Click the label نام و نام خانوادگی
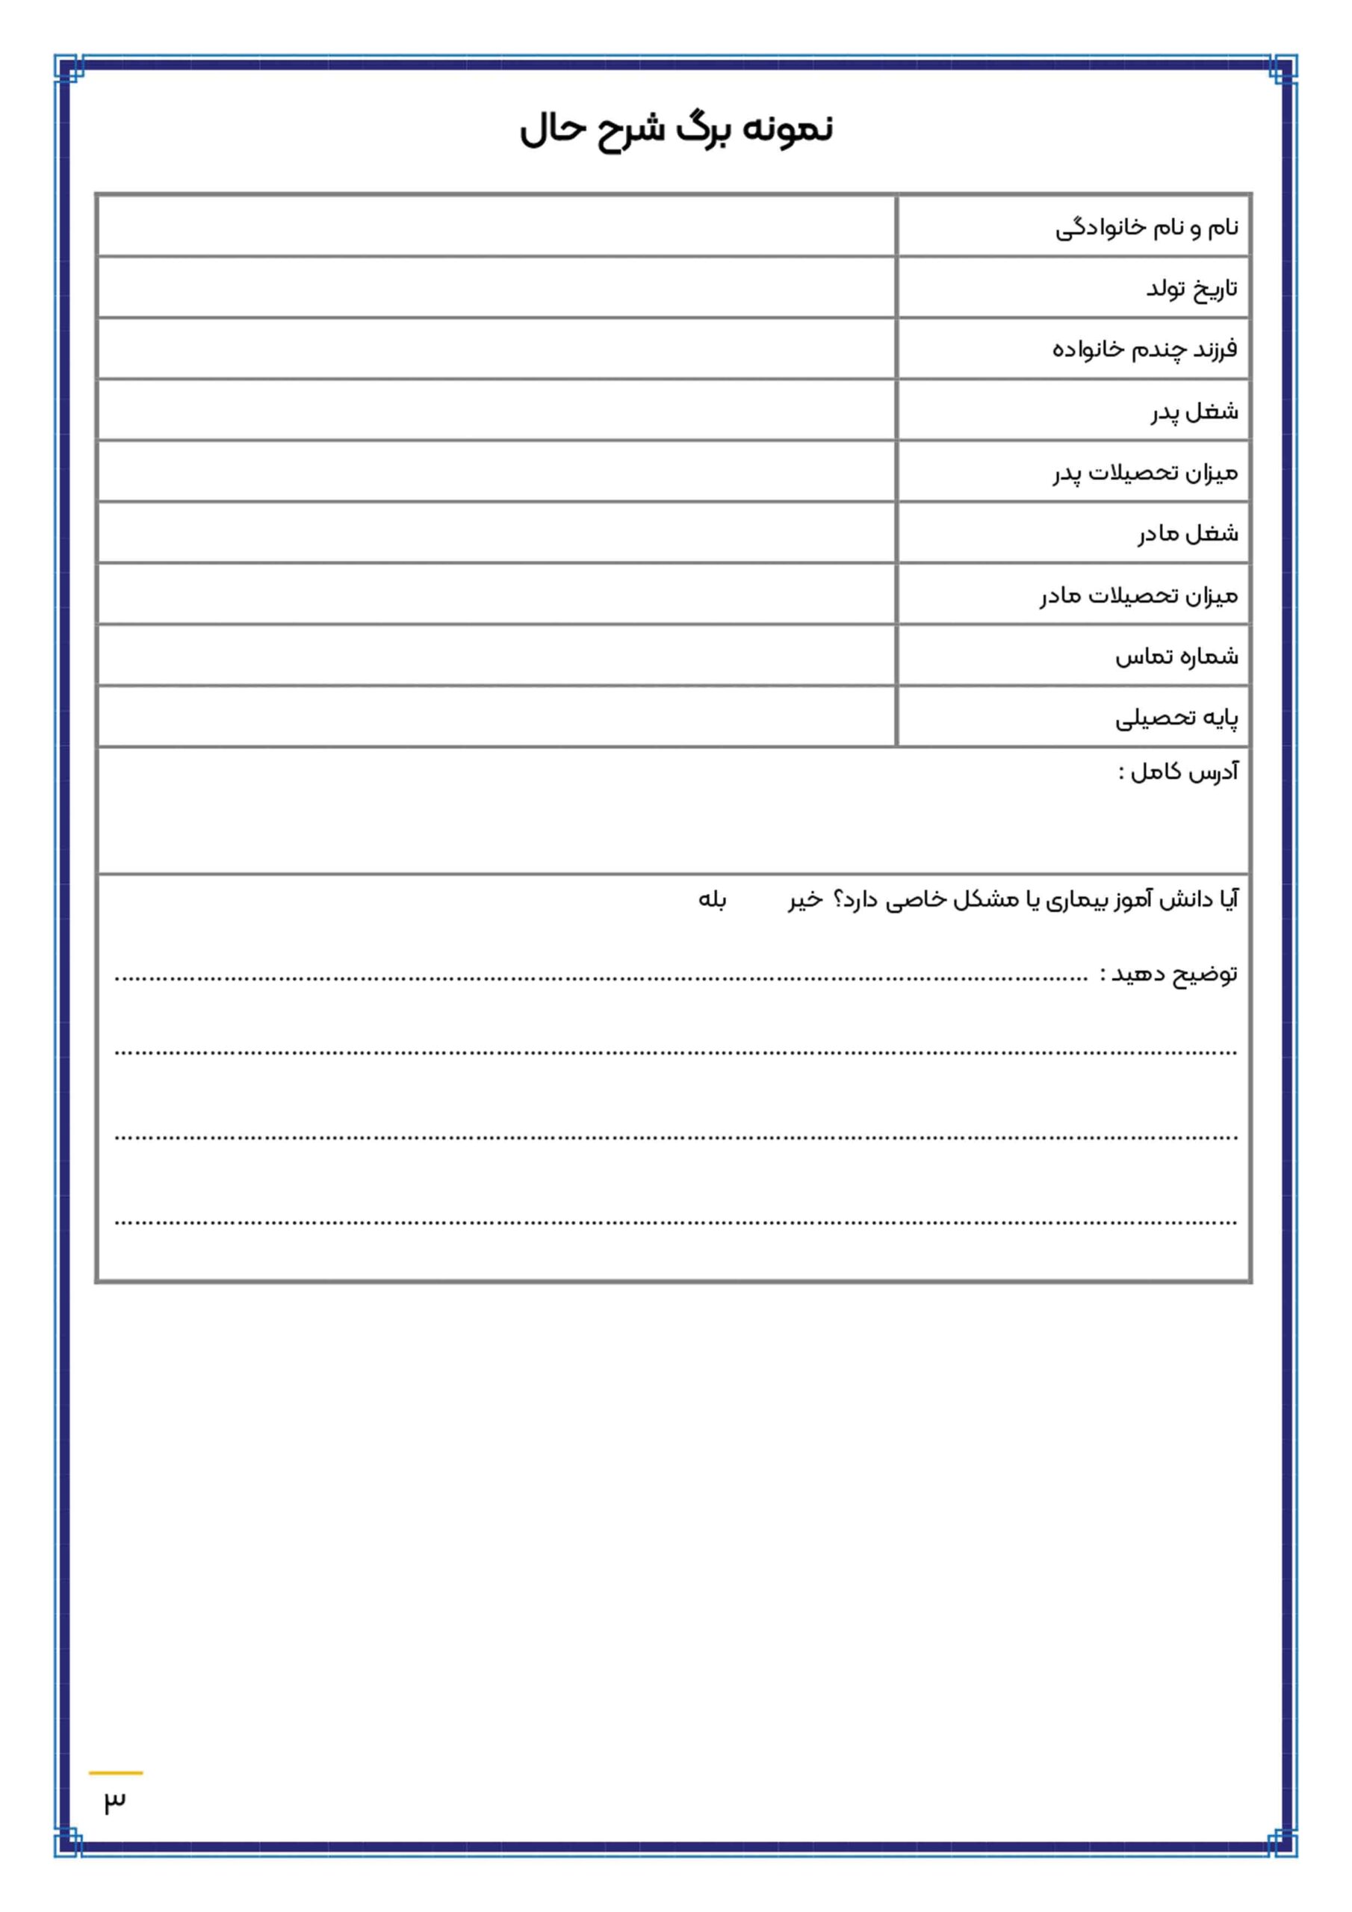[1147, 227]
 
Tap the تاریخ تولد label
[1191, 289]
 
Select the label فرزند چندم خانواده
[1144, 350]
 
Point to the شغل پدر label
[1194, 412]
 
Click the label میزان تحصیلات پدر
[1144, 473]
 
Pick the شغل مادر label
[1188, 534]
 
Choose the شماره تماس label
[1176, 657]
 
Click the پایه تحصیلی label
[1176, 718]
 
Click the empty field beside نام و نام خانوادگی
[497, 226]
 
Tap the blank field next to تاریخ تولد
[497, 288]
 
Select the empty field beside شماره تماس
[497, 655]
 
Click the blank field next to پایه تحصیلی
[497, 716]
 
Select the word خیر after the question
[804, 900]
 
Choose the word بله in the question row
[713, 900]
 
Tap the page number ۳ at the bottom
[115, 1801]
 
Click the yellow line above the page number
[116, 1773]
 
